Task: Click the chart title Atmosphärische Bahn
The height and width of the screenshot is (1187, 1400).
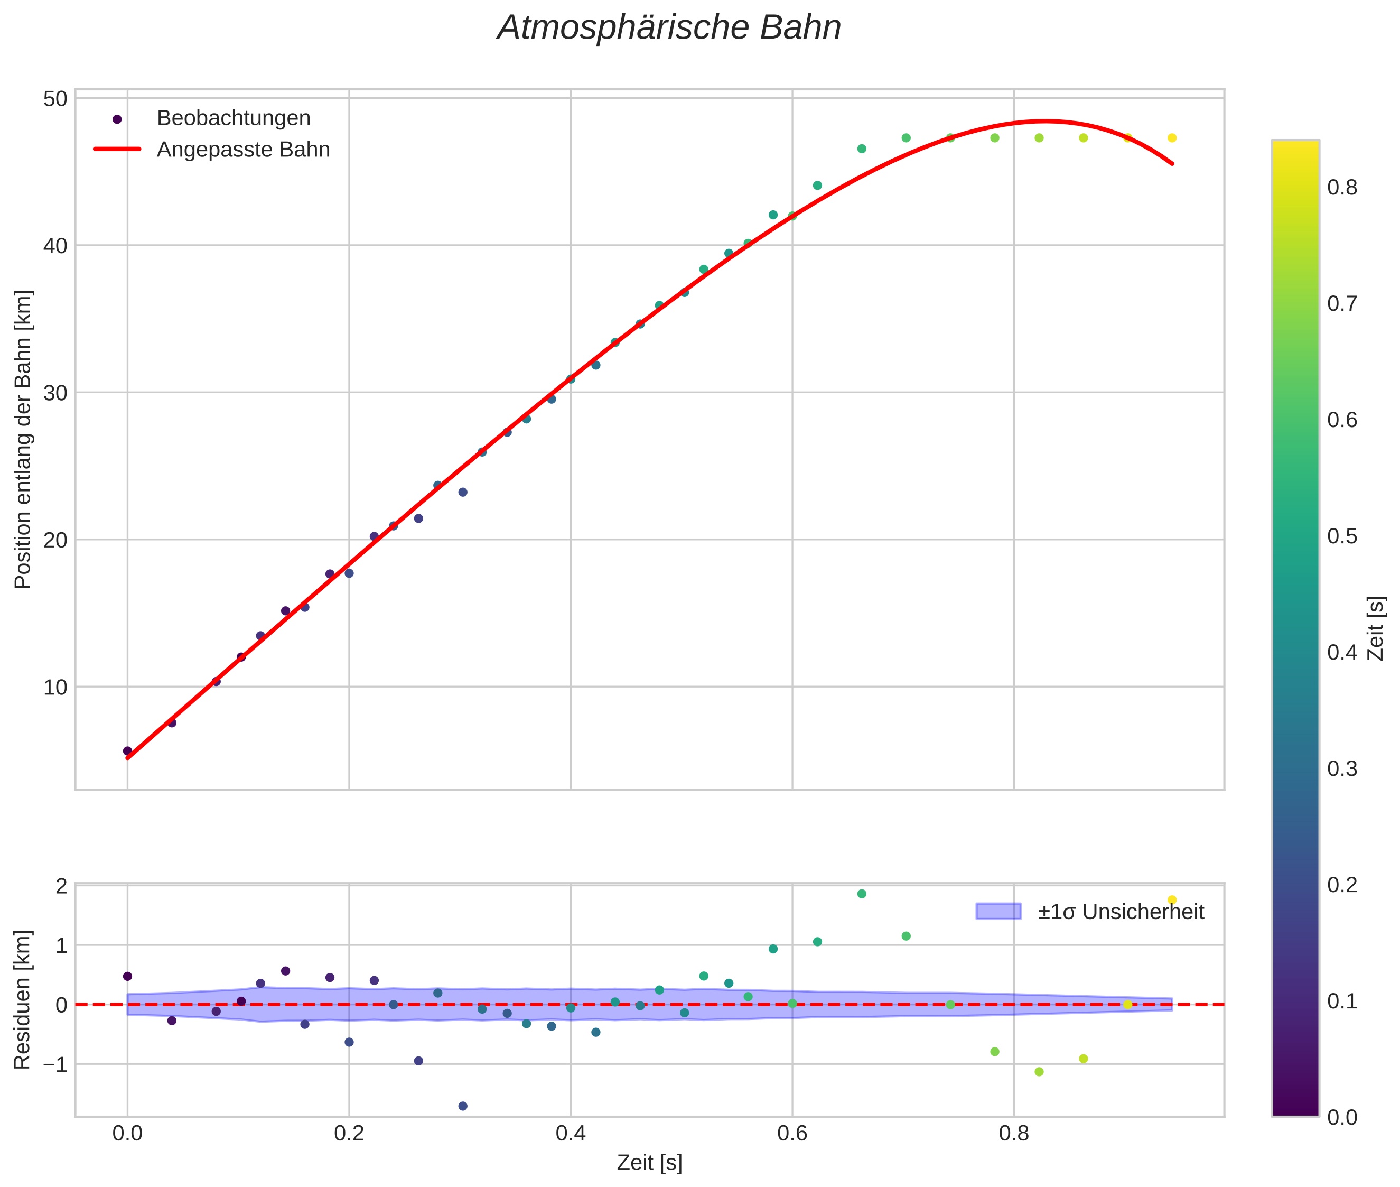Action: point(669,28)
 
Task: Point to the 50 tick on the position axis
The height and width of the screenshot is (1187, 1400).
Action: point(55,99)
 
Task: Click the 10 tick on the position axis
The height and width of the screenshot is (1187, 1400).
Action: point(55,687)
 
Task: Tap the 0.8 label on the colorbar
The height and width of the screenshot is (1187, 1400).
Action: point(1341,188)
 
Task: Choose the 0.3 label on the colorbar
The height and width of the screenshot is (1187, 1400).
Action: point(1341,769)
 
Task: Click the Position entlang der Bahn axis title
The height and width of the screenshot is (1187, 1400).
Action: point(23,439)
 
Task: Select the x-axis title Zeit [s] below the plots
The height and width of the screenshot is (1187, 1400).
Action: point(649,1163)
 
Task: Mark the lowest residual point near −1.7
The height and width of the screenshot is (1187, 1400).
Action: point(463,1106)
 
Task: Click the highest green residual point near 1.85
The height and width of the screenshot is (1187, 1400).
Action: point(862,894)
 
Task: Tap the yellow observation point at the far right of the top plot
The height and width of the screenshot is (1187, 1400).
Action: point(1172,138)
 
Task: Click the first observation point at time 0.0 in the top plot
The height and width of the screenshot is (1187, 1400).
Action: point(127,751)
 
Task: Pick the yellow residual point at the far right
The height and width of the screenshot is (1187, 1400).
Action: point(1172,899)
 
